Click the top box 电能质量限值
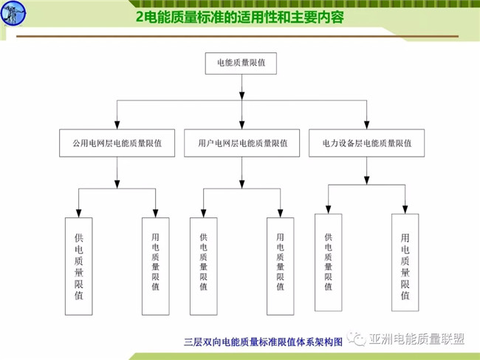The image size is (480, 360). pyautogui.click(x=241, y=64)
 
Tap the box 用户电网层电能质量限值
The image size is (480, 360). pyautogui.click(x=243, y=143)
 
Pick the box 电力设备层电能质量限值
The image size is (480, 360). pyautogui.click(x=367, y=143)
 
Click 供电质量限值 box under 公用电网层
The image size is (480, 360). pyautogui.click(x=79, y=265)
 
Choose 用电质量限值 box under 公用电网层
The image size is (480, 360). pyautogui.click(x=156, y=265)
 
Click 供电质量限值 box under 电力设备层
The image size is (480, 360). pyautogui.click(x=329, y=262)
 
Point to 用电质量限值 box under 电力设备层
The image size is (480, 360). pyautogui.click(x=405, y=262)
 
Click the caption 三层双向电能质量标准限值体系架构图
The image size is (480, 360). pyautogui.click(x=263, y=342)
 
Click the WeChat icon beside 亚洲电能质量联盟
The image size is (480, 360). pyautogui.click(x=360, y=339)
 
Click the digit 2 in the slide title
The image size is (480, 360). pyautogui.click(x=142, y=16)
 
